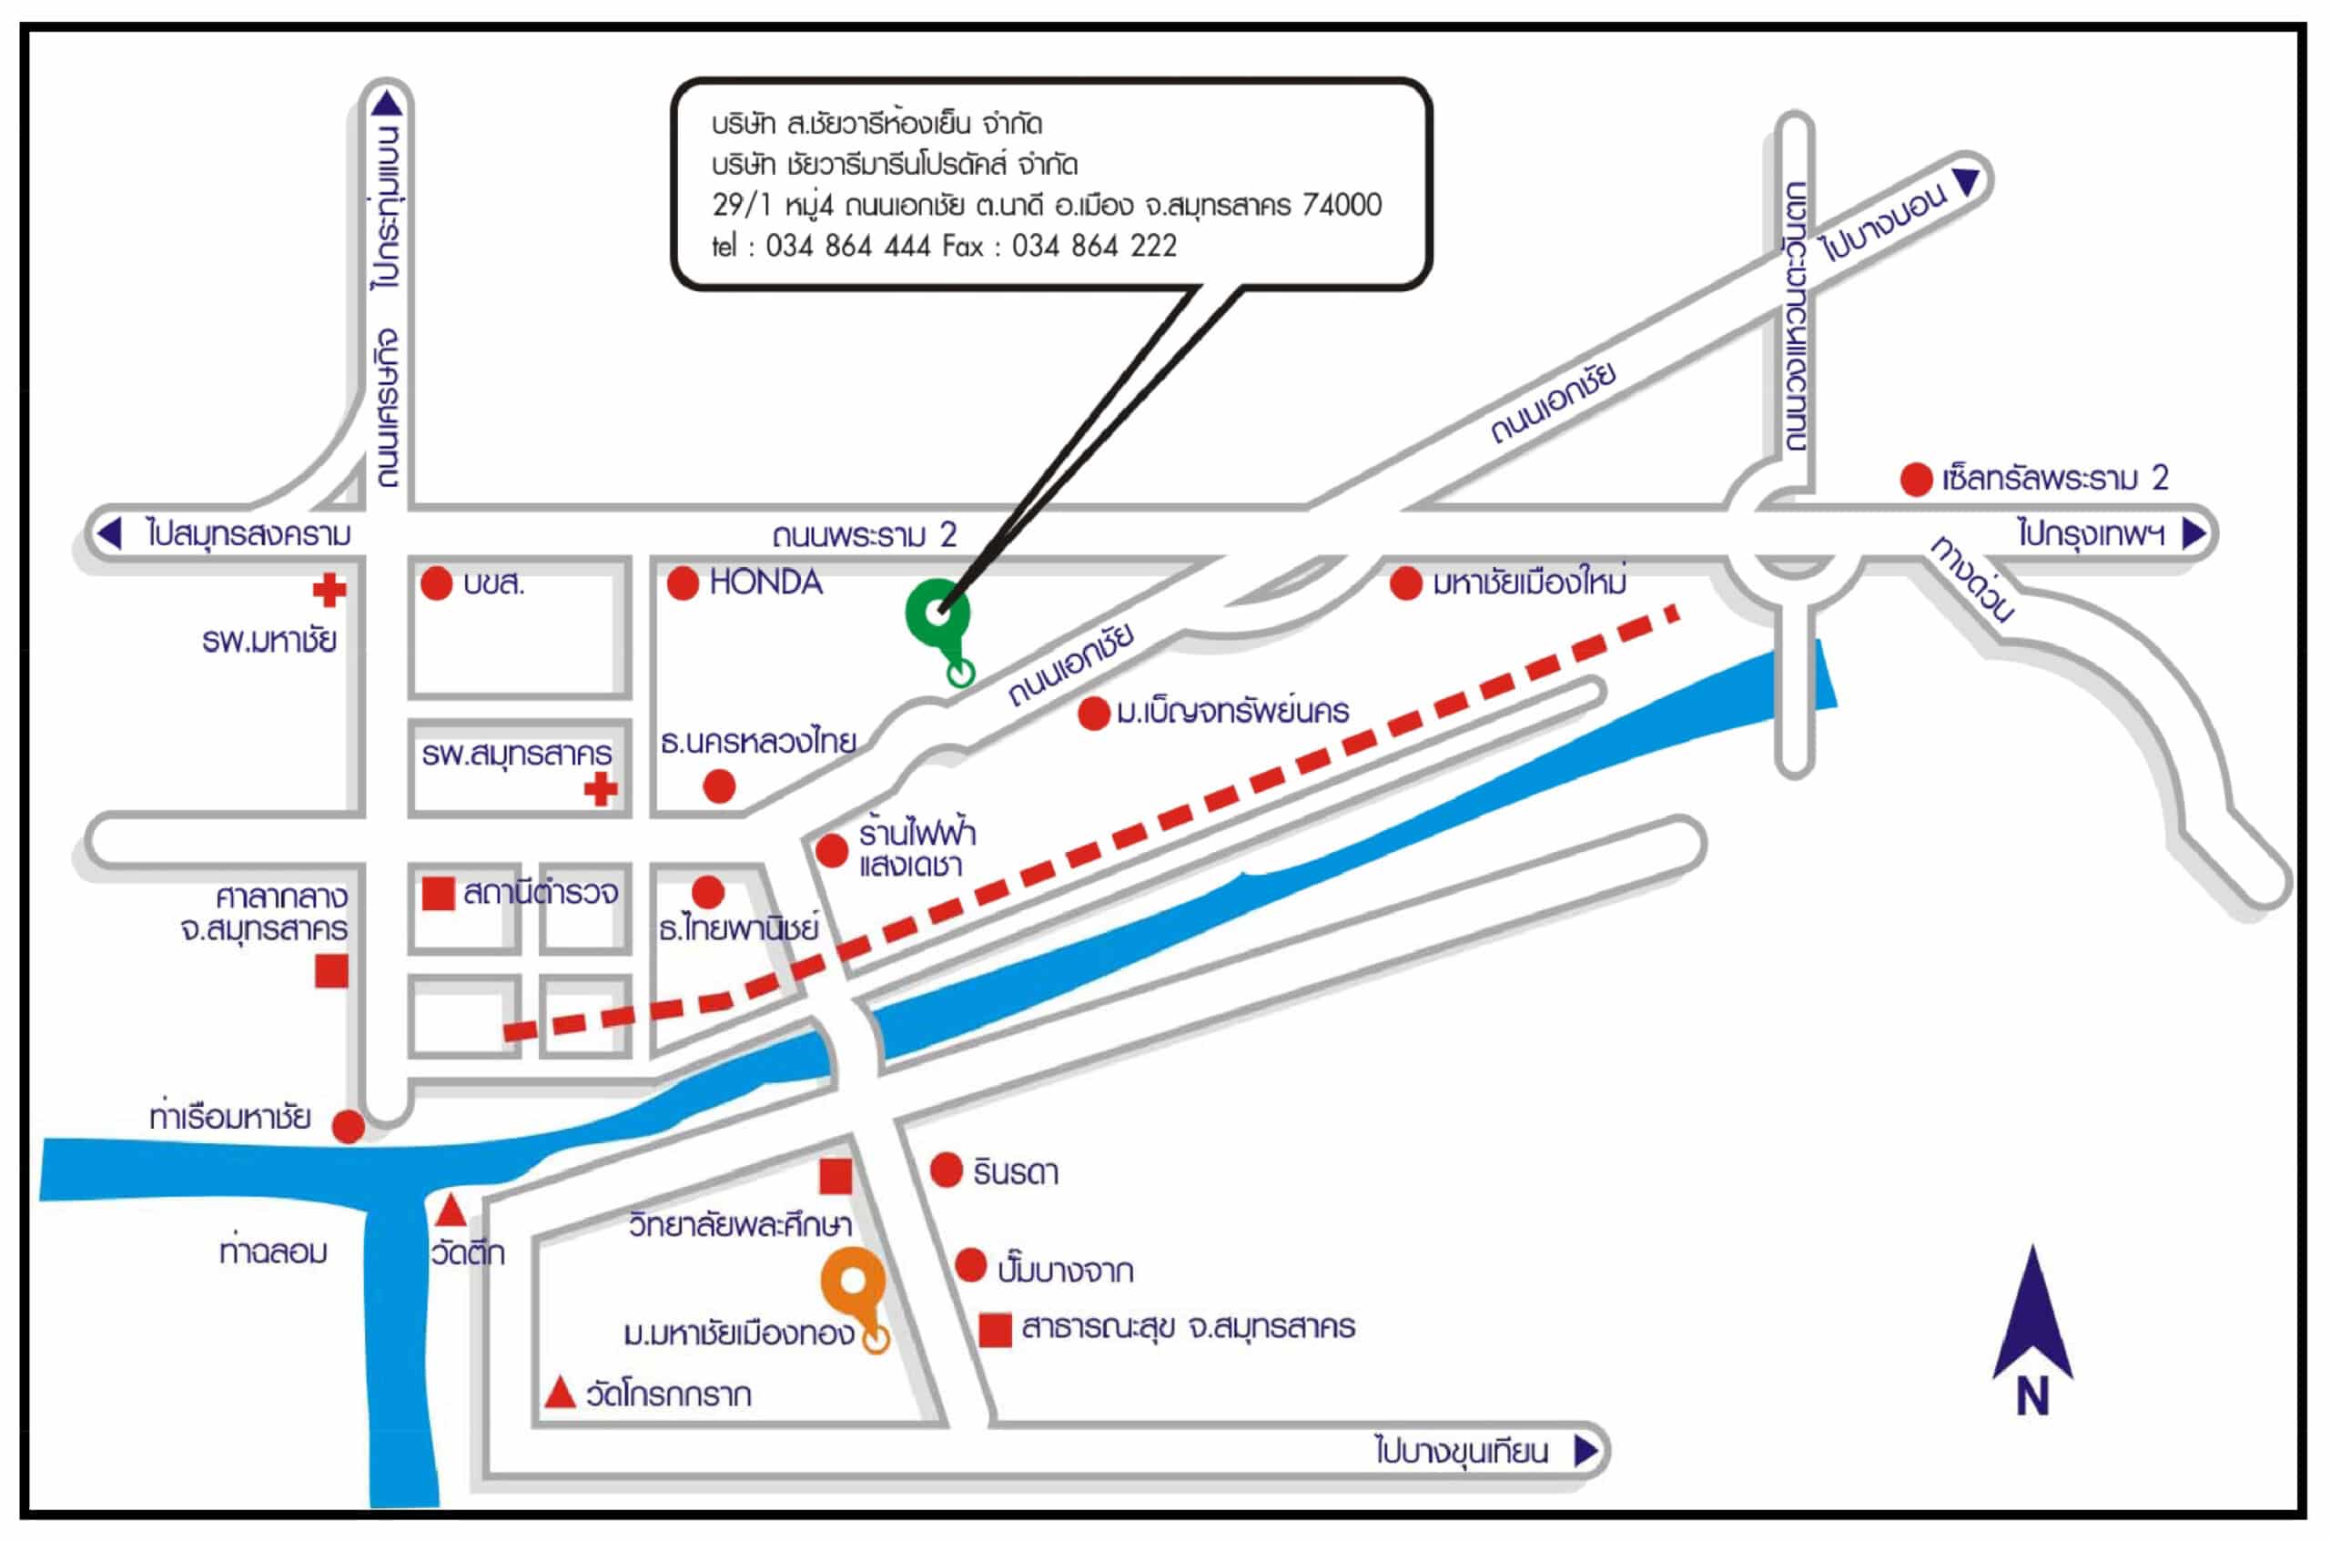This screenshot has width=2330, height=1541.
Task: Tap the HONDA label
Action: (x=765, y=583)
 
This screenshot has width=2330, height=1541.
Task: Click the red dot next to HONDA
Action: (x=683, y=583)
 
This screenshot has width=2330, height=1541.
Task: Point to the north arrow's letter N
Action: (x=2032, y=1397)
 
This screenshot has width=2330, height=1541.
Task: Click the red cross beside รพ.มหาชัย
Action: (x=329, y=590)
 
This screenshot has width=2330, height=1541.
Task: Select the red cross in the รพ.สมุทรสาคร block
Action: (x=601, y=789)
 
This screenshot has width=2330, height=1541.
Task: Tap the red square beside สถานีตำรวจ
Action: (x=439, y=893)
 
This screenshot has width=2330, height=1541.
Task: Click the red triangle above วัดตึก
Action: (x=451, y=1210)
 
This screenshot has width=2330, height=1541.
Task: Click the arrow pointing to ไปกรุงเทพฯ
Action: (x=2194, y=533)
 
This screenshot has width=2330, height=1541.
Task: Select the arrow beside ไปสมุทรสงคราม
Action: (x=109, y=533)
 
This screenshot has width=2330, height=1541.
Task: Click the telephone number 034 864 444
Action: (x=848, y=246)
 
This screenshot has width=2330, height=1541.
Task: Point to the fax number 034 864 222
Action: (x=1094, y=246)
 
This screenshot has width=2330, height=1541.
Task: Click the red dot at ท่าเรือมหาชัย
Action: (x=348, y=1126)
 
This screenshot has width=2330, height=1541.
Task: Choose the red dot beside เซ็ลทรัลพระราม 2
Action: (x=1916, y=480)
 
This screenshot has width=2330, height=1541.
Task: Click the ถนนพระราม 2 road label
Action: (x=864, y=535)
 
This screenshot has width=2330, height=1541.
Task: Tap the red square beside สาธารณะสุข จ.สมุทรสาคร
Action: (x=996, y=1330)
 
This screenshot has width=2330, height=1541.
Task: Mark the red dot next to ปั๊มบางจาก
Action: (x=970, y=1266)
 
